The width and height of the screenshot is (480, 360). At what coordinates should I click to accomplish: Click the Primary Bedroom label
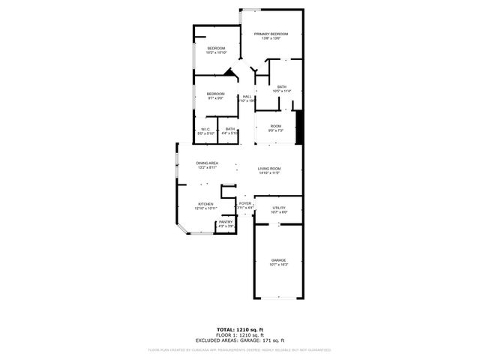[271, 34]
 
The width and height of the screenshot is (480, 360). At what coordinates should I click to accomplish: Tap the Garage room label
[278, 260]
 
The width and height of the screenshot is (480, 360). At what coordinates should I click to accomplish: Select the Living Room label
[268, 169]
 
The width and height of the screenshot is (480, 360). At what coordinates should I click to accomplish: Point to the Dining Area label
[207, 163]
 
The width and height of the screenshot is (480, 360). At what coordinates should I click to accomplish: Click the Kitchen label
[205, 204]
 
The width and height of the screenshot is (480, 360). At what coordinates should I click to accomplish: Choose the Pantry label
[226, 221]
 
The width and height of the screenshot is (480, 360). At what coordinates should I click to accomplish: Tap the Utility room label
[278, 208]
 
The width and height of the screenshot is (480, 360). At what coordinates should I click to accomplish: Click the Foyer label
[245, 203]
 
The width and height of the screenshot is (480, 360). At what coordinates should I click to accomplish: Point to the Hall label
[247, 96]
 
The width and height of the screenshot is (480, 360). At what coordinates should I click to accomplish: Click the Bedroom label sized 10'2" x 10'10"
[217, 48]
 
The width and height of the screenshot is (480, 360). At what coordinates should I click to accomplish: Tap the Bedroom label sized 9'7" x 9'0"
[216, 93]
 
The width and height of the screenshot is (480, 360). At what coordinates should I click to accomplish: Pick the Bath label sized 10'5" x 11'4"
[281, 87]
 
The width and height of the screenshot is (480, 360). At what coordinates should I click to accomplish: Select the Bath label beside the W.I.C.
[230, 129]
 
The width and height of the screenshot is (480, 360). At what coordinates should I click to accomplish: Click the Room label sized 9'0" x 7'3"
[276, 125]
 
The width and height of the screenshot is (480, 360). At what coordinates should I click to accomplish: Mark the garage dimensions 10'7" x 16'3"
[278, 265]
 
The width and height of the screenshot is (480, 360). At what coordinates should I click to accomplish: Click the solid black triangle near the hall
[229, 73]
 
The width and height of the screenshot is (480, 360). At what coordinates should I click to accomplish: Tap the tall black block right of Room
[299, 126]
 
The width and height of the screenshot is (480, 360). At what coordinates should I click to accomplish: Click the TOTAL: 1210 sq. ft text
[240, 329]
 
